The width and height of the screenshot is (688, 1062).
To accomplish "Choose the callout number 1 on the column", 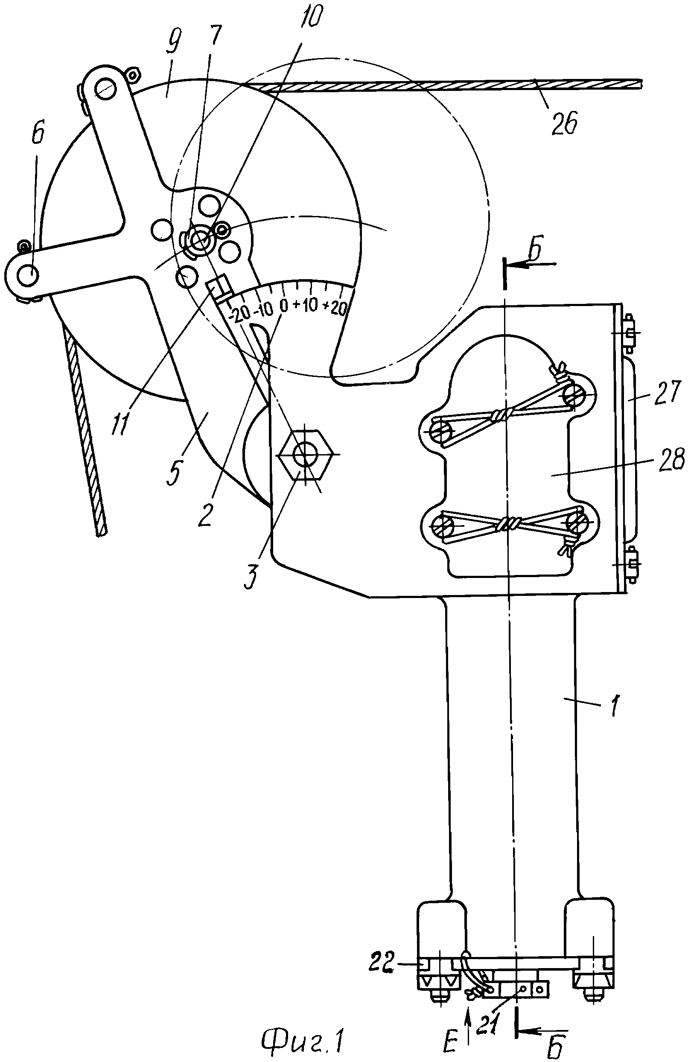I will pos(615,706).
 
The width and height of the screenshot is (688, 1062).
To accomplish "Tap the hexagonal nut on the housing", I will pos(305,455).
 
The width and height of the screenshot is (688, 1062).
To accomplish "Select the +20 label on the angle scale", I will pos(335,307).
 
